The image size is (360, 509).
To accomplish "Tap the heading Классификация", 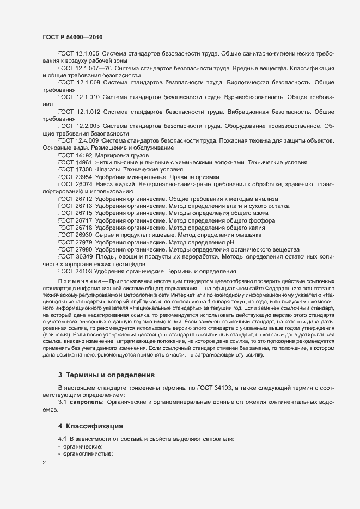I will [95, 425].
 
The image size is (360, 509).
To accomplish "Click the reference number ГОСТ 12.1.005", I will [78, 53].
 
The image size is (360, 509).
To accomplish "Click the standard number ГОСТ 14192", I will [75, 155].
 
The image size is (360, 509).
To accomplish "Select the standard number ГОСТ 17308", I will [75, 169].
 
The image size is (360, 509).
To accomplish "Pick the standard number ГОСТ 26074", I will [75, 184].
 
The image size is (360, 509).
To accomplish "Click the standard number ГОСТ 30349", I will [75, 256].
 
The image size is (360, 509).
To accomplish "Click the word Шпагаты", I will [108, 169].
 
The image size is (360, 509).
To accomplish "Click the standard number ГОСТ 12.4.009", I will [78, 140].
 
